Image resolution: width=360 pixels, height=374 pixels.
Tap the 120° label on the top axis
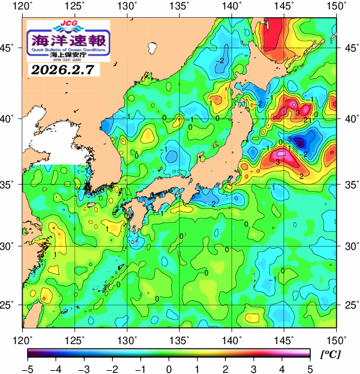tap(23, 6)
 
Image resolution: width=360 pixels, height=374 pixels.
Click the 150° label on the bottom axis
tap(336, 339)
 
